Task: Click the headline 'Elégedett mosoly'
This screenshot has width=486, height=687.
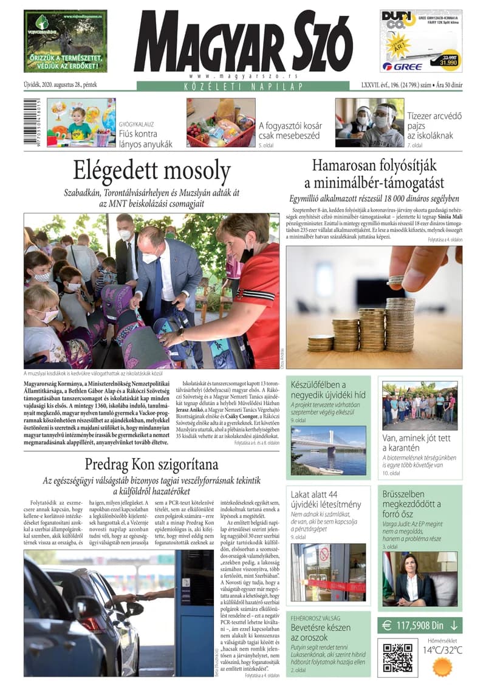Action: [152, 171]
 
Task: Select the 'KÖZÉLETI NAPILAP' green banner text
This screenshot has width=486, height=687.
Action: [242, 87]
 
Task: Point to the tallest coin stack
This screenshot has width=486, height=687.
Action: [400, 325]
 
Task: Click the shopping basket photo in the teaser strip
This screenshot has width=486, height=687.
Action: [221, 123]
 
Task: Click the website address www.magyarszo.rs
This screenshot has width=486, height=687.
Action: [244, 75]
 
